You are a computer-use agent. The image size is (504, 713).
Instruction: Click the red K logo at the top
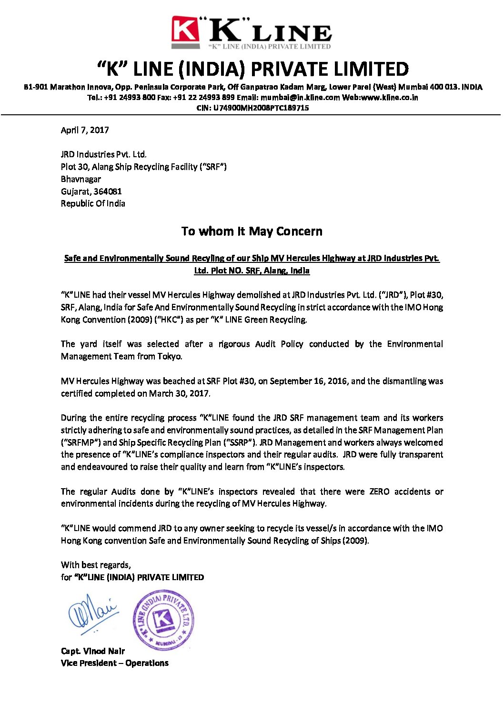[185, 30]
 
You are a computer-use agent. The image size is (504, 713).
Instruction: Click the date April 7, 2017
[85, 130]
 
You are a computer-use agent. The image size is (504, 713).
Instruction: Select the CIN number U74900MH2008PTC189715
[261, 108]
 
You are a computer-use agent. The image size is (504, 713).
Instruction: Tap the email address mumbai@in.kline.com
[300, 98]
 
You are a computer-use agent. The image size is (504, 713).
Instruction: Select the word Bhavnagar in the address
[81, 179]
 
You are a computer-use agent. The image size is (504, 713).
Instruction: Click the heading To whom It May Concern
[252, 231]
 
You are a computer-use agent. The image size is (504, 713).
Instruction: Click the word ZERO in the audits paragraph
[379, 492]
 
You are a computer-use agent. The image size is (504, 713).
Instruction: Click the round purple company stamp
[163, 620]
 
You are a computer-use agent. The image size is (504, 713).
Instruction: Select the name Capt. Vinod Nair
[93, 651]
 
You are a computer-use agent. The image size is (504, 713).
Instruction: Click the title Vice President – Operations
[115, 663]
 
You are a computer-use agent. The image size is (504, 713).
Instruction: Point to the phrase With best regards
[96, 565]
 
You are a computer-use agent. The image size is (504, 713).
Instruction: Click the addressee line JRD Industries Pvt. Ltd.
[104, 154]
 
